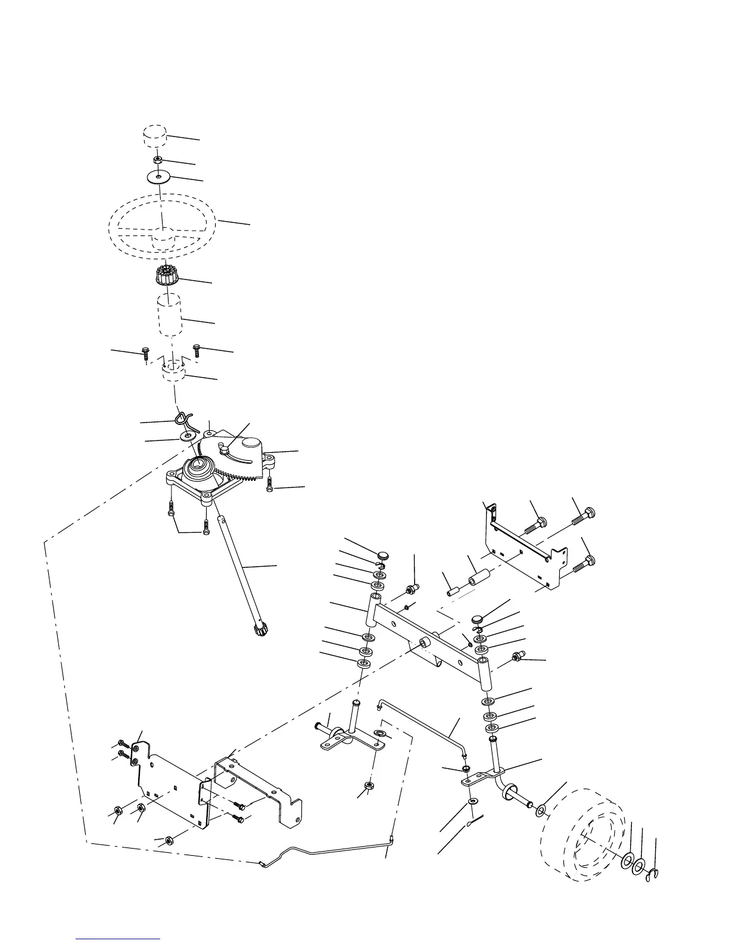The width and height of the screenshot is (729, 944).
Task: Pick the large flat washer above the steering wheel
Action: click(158, 177)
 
